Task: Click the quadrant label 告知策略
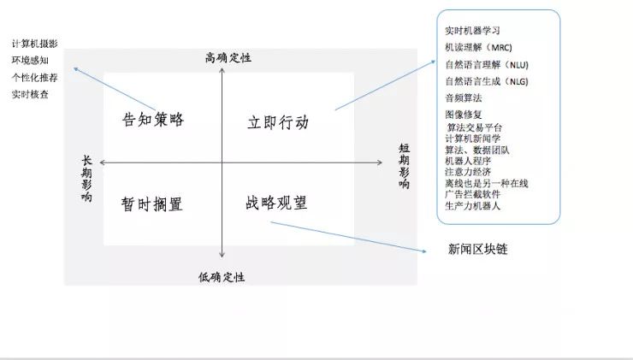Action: point(153,119)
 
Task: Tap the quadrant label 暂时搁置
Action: point(152,204)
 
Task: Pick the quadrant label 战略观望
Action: point(276,203)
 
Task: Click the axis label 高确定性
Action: point(228,58)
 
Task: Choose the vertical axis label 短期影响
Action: point(404,166)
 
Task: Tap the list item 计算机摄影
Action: point(35,44)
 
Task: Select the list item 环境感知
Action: point(30,61)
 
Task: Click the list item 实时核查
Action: point(30,94)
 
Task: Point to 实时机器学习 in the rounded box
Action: point(473,31)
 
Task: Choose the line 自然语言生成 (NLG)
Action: point(487,81)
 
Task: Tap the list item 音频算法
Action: point(464,98)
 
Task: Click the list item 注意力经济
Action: point(468,171)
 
